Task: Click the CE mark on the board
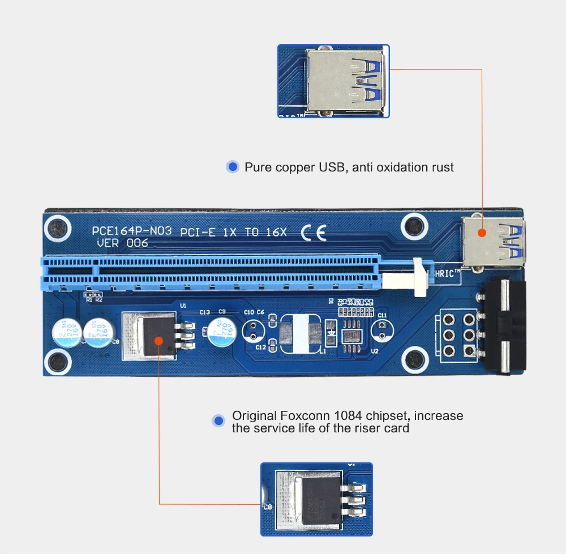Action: (x=314, y=233)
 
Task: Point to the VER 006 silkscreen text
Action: (x=122, y=243)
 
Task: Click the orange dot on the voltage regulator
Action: (x=159, y=340)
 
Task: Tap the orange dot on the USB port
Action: (x=482, y=232)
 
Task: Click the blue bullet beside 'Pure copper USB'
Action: (x=232, y=167)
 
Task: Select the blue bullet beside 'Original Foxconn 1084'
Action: (x=218, y=420)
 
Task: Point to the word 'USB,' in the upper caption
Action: (x=332, y=167)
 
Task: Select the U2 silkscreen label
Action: (x=374, y=351)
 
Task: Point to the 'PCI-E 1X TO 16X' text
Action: (x=234, y=232)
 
